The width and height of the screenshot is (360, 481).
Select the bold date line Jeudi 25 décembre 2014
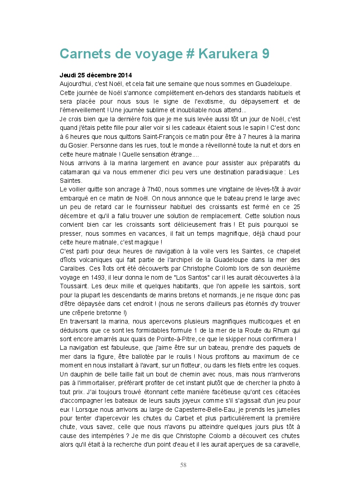click(96, 75)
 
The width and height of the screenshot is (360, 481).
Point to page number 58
click(183, 465)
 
